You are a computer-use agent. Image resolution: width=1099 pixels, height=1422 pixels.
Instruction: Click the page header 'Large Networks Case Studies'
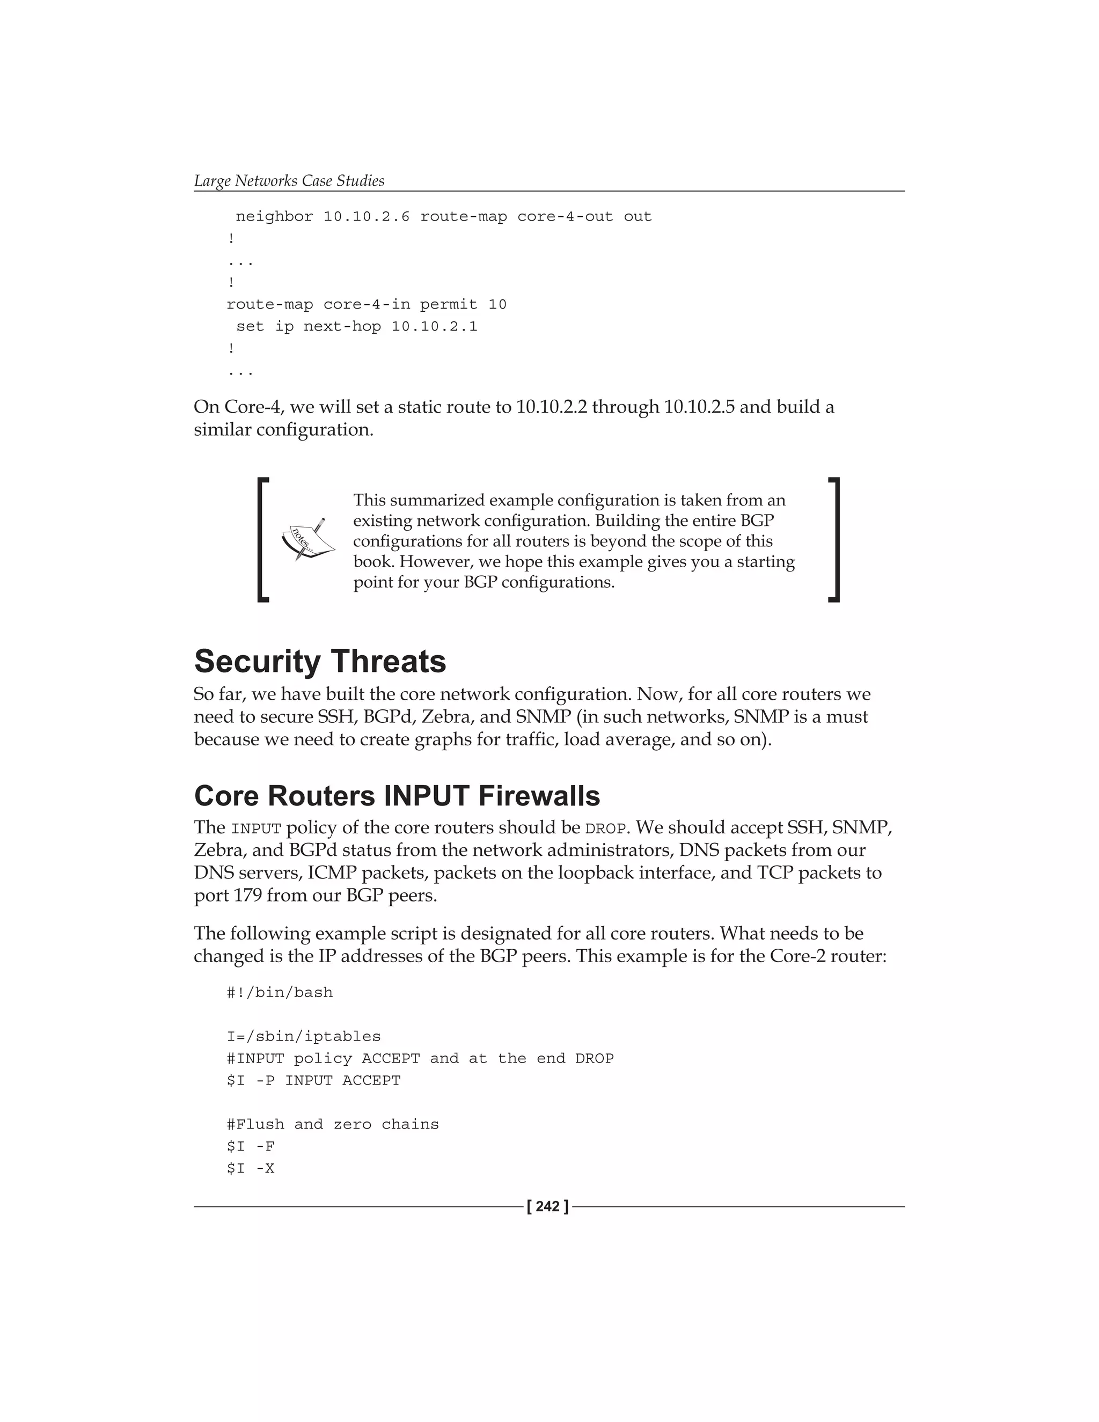pyautogui.click(x=289, y=181)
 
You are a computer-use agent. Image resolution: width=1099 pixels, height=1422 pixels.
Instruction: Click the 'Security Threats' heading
pyautogui.click(x=320, y=662)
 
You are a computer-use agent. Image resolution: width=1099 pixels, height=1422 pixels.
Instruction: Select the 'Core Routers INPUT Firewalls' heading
pyautogui.click(x=397, y=796)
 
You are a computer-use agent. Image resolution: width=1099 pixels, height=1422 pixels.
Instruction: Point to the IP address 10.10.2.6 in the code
pyautogui.click(x=367, y=217)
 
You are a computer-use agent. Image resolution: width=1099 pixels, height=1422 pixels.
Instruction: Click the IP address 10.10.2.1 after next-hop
pyautogui.click(x=434, y=326)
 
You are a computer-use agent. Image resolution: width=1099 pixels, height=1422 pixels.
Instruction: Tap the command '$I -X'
pyautogui.click(x=251, y=1168)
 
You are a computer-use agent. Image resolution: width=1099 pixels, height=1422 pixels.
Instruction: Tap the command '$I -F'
pyautogui.click(x=251, y=1146)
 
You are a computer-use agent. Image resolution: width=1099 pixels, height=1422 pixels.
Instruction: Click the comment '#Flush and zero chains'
pyautogui.click(x=333, y=1124)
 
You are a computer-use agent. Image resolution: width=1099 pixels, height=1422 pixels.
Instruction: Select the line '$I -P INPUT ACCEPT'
pyautogui.click(x=313, y=1080)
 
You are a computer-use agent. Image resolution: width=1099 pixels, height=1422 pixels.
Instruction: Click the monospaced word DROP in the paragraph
pyautogui.click(x=605, y=829)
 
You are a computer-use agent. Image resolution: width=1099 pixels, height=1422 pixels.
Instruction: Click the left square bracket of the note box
pyautogui.click(x=263, y=540)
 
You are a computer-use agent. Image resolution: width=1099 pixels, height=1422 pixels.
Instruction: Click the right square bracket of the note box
pyautogui.click(x=834, y=540)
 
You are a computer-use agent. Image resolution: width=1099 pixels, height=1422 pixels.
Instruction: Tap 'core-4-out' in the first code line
pyautogui.click(x=565, y=217)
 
